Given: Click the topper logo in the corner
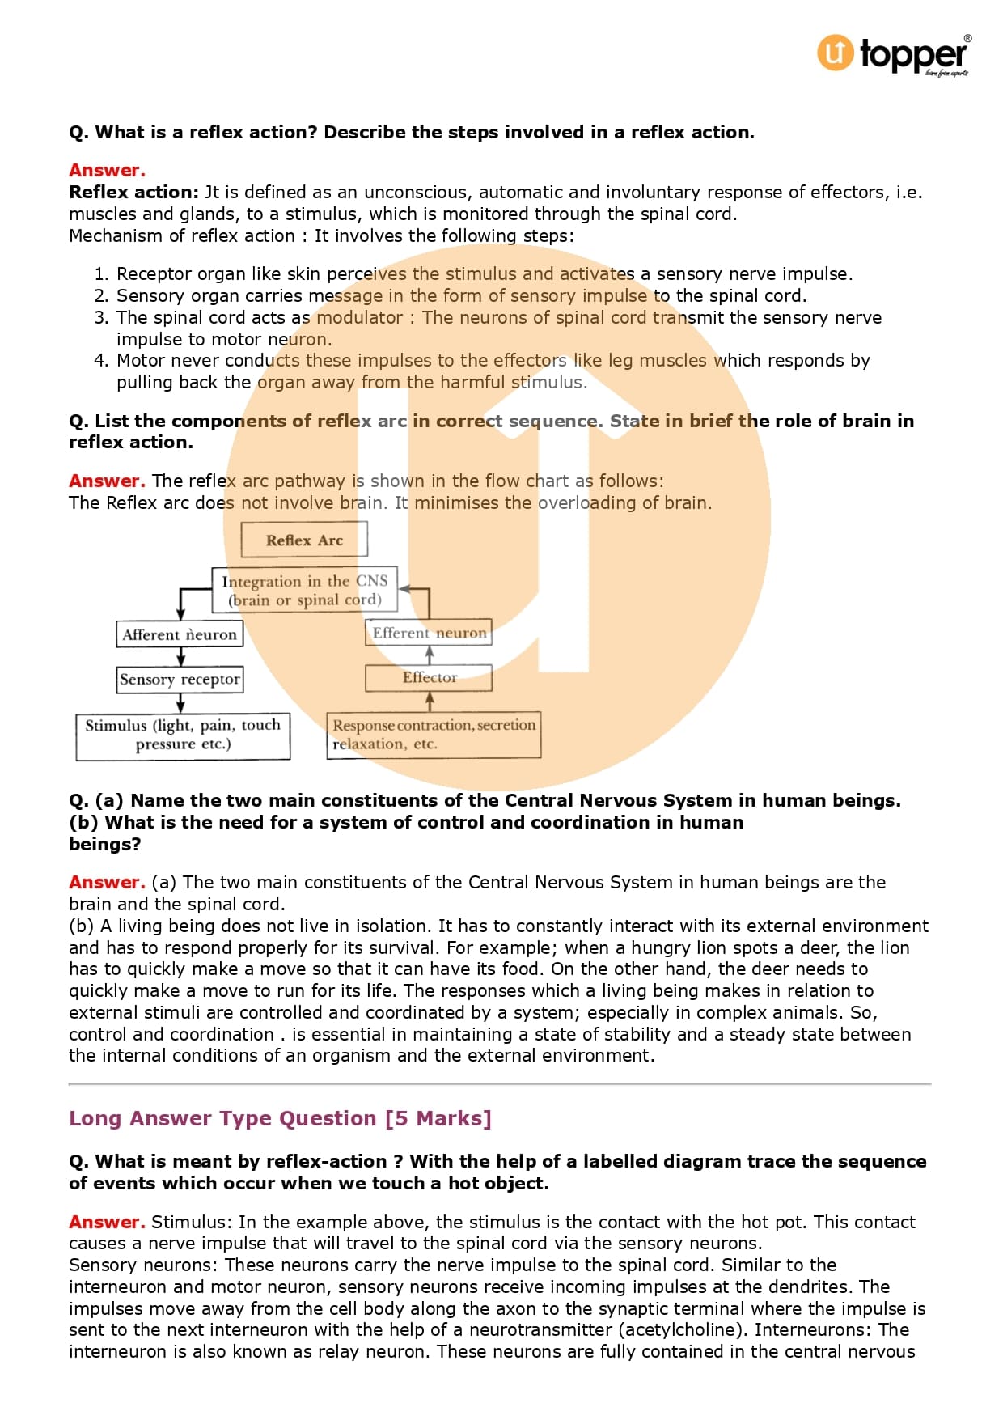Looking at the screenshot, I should point(893,53).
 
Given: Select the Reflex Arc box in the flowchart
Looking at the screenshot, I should point(304,540).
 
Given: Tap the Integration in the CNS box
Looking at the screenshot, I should point(305,590).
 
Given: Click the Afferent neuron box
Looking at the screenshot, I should point(180,634).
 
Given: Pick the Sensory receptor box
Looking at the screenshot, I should point(180,679).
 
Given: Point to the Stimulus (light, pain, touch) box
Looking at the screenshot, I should point(183,735).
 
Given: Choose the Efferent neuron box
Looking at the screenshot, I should point(429,633).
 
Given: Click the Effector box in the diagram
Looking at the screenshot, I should point(429,678).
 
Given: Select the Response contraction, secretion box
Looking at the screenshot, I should point(434,734).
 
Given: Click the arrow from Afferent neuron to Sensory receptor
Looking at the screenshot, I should point(180,656).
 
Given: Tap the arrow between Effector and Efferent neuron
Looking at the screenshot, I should point(430,655).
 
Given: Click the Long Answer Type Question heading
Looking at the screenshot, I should point(280,1118).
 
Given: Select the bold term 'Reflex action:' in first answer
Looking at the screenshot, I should point(133,192).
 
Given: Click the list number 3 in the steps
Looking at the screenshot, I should point(100,317).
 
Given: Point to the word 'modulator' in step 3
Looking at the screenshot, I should point(359,317).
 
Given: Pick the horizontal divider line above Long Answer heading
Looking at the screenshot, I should point(500,1083).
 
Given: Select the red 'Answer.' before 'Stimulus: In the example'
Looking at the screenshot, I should point(107,1222).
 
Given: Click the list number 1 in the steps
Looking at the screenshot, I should point(100,273).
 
